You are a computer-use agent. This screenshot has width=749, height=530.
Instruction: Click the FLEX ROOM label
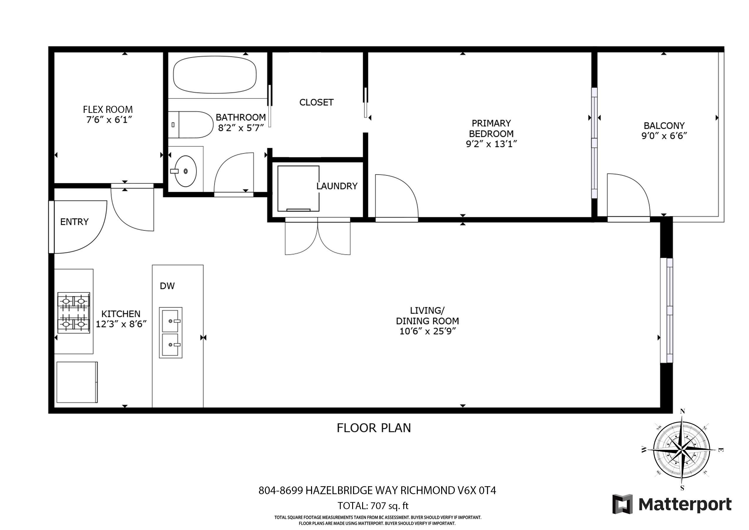(108, 109)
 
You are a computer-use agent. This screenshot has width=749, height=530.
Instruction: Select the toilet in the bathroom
(191, 125)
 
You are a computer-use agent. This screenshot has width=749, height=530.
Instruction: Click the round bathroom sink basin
(186, 171)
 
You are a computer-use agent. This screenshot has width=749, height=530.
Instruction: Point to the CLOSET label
(316, 102)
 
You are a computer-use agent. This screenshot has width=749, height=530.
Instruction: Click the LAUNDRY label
(337, 186)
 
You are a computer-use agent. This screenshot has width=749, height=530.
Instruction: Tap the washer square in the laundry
(298, 188)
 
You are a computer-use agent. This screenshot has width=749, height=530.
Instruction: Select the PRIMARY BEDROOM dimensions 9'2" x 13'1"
(491, 144)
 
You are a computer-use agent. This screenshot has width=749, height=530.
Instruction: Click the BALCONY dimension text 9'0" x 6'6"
(664, 136)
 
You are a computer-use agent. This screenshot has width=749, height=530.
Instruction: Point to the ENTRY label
(74, 222)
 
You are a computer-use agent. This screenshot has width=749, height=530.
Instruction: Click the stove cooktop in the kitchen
(74, 313)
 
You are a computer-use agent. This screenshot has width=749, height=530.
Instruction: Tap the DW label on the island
(167, 286)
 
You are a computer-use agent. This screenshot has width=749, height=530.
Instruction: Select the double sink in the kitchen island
(171, 332)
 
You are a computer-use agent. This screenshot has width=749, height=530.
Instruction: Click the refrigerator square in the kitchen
(77, 382)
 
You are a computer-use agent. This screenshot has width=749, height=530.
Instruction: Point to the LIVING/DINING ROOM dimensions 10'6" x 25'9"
(427, 331)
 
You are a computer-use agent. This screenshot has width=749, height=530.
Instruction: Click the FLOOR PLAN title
(374, 428)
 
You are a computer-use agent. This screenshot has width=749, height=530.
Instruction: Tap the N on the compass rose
(682, 412)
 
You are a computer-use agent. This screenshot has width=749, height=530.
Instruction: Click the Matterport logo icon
(622, 504)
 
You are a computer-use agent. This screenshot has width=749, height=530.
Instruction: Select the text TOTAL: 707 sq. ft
(373, 506)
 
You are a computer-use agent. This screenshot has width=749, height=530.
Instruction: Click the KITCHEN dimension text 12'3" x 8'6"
(121, 324)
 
